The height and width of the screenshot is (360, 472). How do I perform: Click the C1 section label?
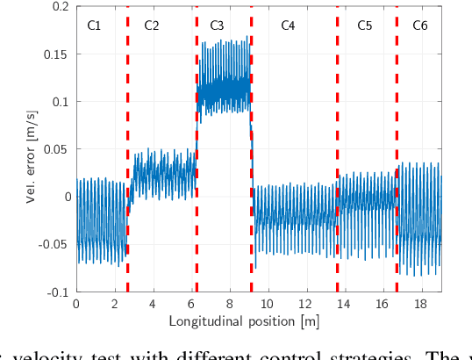(x=95, y=26)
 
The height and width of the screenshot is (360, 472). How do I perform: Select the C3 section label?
(x=218, y=26)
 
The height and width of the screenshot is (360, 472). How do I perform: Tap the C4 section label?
(x=288, y=26)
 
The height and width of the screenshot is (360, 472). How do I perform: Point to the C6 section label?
(x=420, y=26)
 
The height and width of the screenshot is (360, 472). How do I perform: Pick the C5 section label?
(x=365, y=26)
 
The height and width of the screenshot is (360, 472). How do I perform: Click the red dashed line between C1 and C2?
(x=127, y=149)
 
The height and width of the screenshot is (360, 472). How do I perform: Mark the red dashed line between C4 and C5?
(x=337, y=149)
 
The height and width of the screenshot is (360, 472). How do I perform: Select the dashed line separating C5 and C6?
(x=397, y=149)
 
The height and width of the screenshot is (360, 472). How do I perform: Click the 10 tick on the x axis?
(x=268, y=304)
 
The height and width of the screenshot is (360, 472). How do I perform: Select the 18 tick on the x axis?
(x=421, y=304)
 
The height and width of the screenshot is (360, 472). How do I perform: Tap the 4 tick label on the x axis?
(x=153, y=304)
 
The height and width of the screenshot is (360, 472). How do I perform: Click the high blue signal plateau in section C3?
(x=224, y=88)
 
